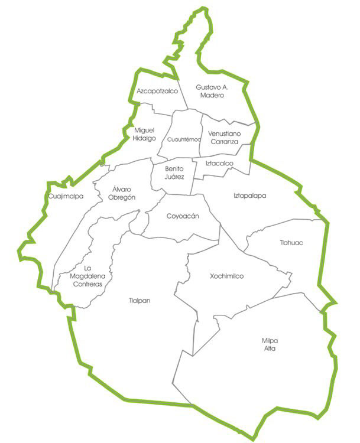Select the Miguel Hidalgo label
pyautogui.click(x=144, y=134)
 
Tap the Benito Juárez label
pyautogui.click(x=175, y=172)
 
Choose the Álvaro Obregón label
pyautogui.click(x=123, y=193)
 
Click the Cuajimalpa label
pyautogui.click(x=66, y=196)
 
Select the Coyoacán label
pyautogui.click(x=182, y=216)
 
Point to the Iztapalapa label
pyautogui.click(x=250, y=196)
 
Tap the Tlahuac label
pyautogui.click(x=291, y=242)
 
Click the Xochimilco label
pyautogui.click(x=226, y=276)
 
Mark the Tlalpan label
pyautogui.click(x=140, y=301)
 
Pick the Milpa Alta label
pyautogui.click(x=269, y=344)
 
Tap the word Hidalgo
pyautogui.click(x=144, y=138)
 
